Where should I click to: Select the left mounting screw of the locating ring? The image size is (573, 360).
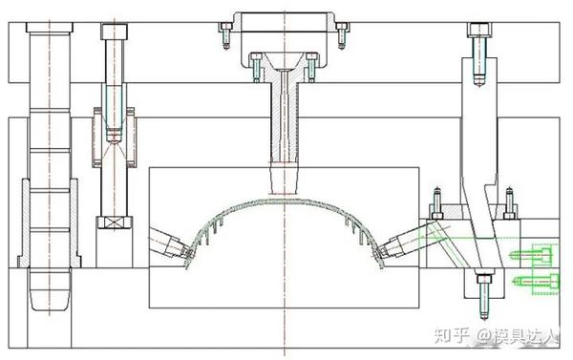[x=226, y=35]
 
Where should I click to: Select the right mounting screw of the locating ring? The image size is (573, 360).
[x=342, y=35]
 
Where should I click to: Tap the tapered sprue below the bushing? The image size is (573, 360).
[x=285, y=179]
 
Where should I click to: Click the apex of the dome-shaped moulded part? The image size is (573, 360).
[x=285, y=201]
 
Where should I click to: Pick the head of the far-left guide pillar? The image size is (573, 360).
[x=50, y=28]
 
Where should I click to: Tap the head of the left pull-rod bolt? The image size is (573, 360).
[x=115, y=32]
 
